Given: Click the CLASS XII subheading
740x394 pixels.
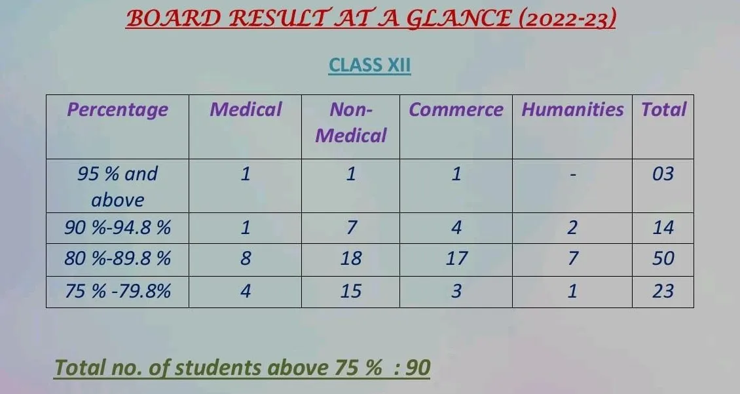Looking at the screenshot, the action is tap(369, 65).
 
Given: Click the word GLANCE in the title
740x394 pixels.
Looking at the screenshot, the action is tap(459, 19).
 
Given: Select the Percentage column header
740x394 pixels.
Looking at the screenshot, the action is tap(117, 110).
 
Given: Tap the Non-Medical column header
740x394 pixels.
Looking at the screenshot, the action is tap(350, 123).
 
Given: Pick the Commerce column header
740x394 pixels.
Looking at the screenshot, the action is tap(456, 109).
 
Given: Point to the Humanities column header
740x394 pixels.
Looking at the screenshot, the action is tap(572, 109).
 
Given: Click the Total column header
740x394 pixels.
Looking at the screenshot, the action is tap(663, 109).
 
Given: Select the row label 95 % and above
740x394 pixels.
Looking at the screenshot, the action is tap(117, 187).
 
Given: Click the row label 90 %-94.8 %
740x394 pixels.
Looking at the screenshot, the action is tap(117, 227).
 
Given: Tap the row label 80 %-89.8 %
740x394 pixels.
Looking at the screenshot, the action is tap(117, 258).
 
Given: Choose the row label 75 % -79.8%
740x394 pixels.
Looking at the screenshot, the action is tap(117, 291).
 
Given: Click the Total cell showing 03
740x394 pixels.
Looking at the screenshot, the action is tap(663, 174).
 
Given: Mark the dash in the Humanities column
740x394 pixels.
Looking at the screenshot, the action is tap(572, 175).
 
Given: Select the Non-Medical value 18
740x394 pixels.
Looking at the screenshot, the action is tap(350, 258).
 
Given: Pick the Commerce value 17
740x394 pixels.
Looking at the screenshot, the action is tap(456, 258).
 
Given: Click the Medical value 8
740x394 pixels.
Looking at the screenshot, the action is tap(246, 258).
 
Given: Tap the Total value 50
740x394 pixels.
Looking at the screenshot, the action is tap(663, 258).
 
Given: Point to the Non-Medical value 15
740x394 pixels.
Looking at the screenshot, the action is tap(350, 291).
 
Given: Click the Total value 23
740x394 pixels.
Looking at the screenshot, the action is tap(663, 291).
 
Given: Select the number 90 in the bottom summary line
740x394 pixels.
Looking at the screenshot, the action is tap(418, 368).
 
